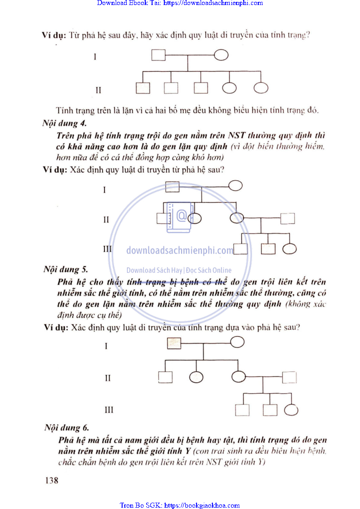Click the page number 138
[51, 479]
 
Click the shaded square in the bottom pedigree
[174, 343]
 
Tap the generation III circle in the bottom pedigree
[291, 410]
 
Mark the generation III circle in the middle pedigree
[290, 248]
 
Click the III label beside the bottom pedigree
[108, 410]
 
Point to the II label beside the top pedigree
[99, 89]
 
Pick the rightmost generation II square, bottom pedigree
[289, 377]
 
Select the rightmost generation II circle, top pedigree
[261, 88]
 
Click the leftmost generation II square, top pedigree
[143, 88]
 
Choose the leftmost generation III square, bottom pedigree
[242, 410]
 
